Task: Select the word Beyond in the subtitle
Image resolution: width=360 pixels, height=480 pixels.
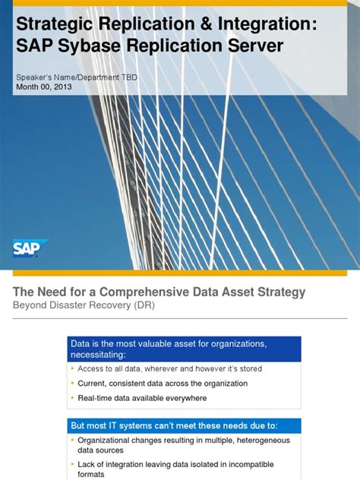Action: (29, 306)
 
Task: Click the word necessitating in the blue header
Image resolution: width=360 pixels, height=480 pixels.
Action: (98, 355)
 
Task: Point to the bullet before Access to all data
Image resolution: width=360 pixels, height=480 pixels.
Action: (72, 369)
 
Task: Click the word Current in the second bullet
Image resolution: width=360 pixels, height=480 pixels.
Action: (93, 384)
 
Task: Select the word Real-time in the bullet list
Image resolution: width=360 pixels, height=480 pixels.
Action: (96, 398)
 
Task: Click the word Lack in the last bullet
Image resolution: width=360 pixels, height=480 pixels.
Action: (87, 464)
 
